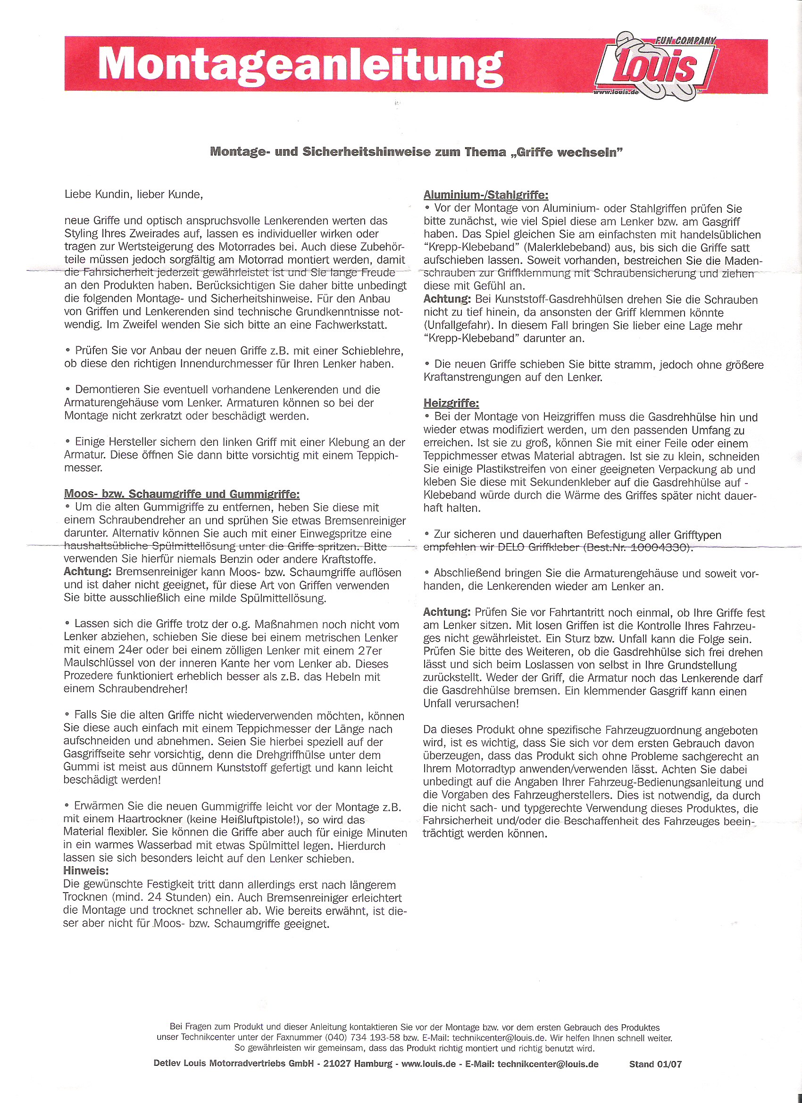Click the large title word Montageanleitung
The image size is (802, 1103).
click(x=300, y=64)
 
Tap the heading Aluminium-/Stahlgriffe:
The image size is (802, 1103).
click(x=485, y=195)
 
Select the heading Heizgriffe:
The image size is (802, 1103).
click(x=451, y=403)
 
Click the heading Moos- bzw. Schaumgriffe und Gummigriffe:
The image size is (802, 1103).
click(x=182, y=494)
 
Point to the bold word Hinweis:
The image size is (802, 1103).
click(x=85, y=870)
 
